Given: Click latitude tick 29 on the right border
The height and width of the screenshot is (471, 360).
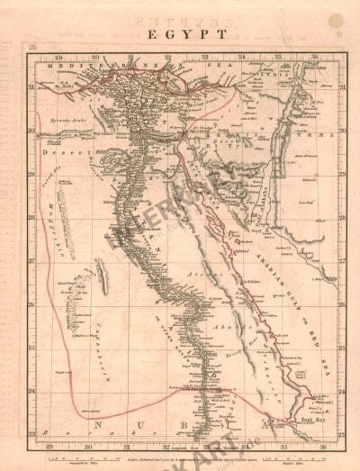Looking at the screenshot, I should tap(340, 176).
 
